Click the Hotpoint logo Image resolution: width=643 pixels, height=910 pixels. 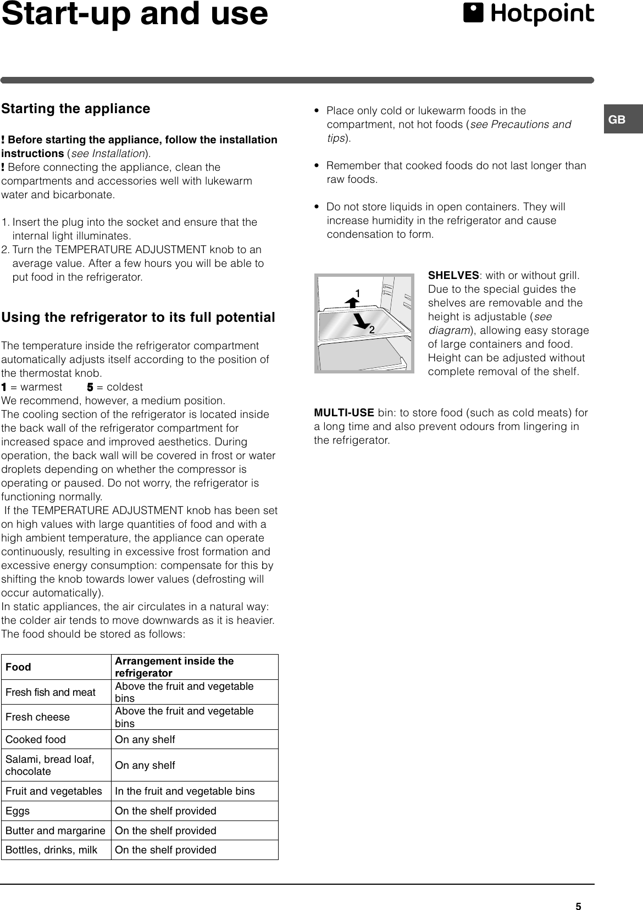click(x=528, y=15)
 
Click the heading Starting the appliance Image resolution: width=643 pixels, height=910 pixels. click(x=76, y=109)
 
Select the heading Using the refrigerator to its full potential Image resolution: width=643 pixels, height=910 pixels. click(x=138, y=317)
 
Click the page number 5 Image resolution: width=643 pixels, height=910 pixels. click(x=578, y=891)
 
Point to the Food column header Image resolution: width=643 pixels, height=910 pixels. click(x=19, y=667)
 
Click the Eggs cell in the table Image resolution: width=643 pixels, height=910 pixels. click(x=18, y=811)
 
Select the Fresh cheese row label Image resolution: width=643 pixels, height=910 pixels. click(x=37, y=717)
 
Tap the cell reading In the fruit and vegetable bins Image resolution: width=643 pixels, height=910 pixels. click(x=185, y=791)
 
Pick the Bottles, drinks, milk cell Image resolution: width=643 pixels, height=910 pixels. click(x=51, y=850)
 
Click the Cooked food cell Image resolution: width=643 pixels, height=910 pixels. click(x=35, y=739)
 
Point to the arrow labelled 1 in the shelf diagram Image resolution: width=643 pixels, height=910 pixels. click(x=352, y=299)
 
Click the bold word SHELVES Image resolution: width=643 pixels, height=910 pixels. click(x=453, y=275)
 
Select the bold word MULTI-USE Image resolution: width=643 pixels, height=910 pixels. click(x=344, y=413)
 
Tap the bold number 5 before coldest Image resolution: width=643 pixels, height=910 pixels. click(x=90, y=387)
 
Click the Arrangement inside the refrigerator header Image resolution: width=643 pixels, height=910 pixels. click(x=174, y=667)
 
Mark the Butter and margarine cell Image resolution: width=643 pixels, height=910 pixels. click(x=55, y=830)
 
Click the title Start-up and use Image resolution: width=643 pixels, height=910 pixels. click(x=135, y=15)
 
